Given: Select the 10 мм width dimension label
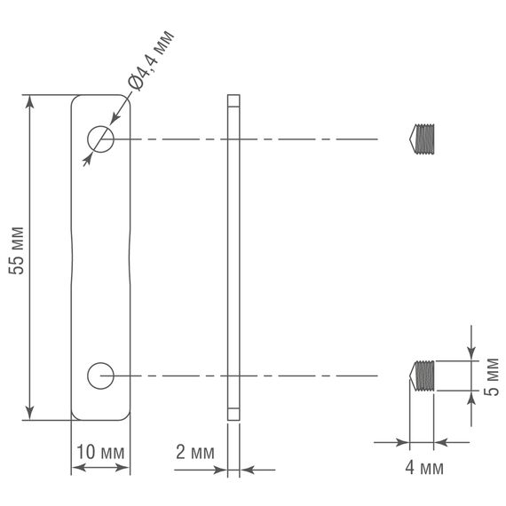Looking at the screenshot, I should tap(100, 452).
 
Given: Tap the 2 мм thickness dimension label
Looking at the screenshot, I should tap(195, 452).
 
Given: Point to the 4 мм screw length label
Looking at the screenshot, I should tap(423, 467).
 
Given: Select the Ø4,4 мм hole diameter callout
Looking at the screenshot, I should tap(150, 59).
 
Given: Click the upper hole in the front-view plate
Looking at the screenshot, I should tap(99, 138).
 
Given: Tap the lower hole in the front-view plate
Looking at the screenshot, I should tap(99, 376).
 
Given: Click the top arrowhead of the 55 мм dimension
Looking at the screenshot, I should tap(33, 102).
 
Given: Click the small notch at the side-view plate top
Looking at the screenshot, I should tap(233, 100).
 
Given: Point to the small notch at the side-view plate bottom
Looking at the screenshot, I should tap(233, 413).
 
